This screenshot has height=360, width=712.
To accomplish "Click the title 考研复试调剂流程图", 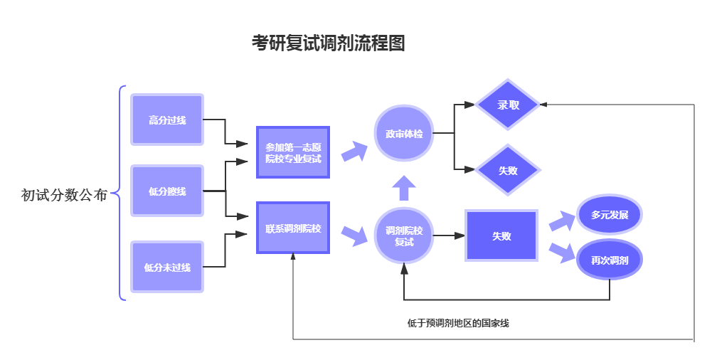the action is coord(329,43).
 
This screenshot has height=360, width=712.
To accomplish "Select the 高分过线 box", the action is coord(167,120).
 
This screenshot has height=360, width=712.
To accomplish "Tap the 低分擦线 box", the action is coord(167,191).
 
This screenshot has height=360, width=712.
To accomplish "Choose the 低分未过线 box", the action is coord(167,267).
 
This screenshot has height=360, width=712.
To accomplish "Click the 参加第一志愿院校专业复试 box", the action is coord(293,152).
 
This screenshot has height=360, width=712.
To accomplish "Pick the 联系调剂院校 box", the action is coord(293,228).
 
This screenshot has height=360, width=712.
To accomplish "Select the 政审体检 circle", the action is coord(404,134).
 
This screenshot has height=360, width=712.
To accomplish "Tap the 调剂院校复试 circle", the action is coord(404,235).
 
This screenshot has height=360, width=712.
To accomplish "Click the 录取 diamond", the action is coord(508,105).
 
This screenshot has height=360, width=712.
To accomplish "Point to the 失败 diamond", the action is coord(508,170).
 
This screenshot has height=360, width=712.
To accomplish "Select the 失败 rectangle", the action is coord(501,235).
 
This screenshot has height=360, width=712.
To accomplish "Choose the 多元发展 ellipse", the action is coord(610,215).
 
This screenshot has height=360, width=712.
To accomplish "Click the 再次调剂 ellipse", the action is coord(610,260).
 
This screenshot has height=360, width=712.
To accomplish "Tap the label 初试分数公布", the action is coord(64,195).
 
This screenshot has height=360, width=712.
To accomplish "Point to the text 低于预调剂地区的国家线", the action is coord(458,323).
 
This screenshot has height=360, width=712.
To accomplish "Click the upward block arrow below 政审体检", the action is coord(404,188).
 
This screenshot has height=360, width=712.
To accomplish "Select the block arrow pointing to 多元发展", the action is coord(562,221).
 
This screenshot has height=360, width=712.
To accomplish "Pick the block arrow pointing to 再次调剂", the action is coord(562,253).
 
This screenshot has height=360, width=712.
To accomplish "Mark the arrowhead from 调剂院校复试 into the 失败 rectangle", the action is coord(459,235).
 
